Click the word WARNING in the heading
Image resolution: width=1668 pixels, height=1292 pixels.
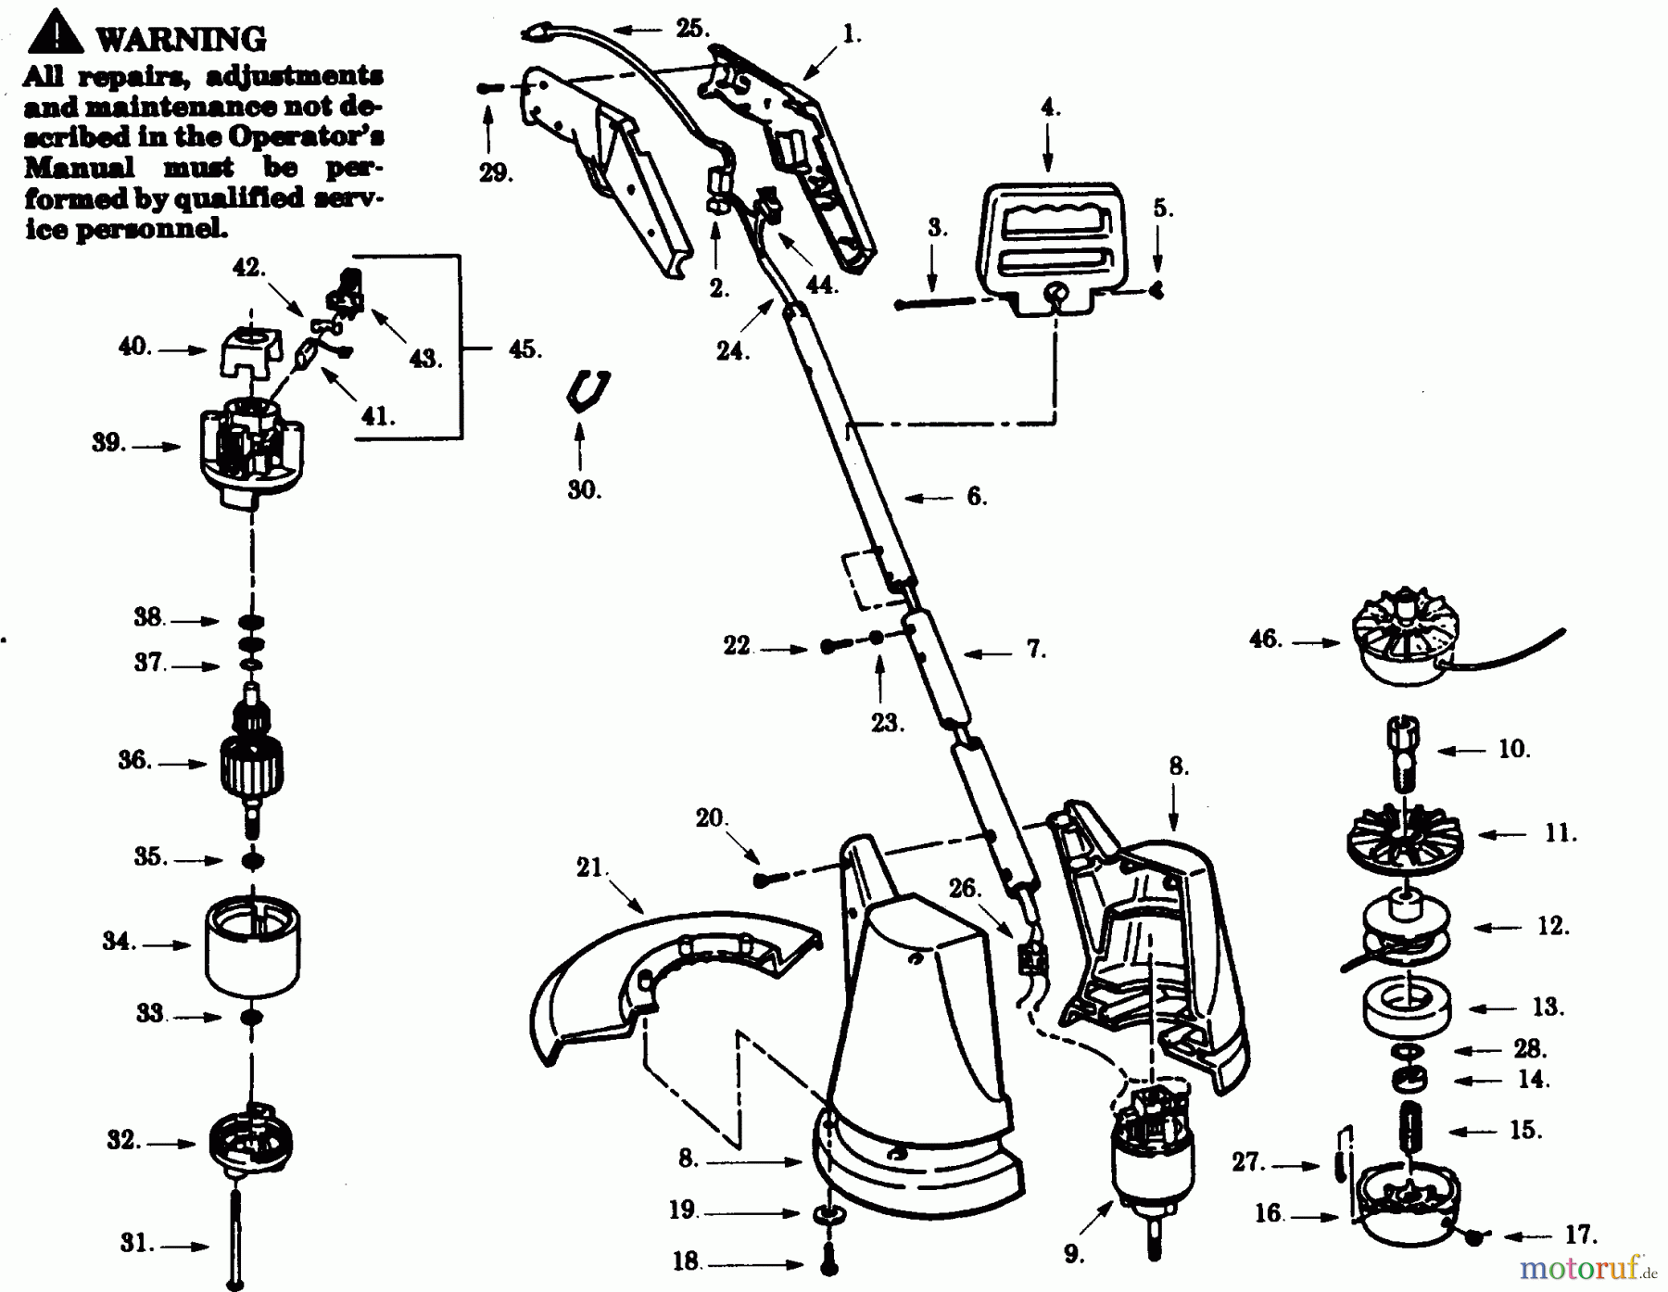181,39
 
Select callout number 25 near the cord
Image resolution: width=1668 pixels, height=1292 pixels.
691,28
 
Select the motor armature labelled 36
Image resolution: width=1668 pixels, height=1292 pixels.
251,760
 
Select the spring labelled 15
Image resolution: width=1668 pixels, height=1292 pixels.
1409,1128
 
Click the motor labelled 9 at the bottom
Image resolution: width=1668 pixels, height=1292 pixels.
1152,1163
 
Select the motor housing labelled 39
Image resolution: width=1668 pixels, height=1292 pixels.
251,454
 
